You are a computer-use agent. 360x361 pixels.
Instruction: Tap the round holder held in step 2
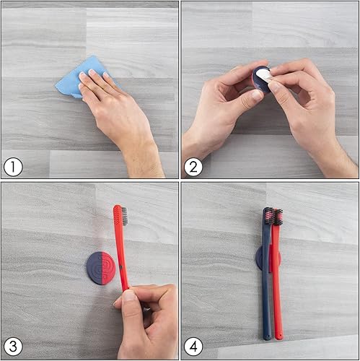258,79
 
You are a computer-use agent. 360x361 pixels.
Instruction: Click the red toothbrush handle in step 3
120,253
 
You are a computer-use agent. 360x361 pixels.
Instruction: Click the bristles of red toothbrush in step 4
278,217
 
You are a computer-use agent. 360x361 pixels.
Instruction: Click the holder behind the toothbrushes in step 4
258,258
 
